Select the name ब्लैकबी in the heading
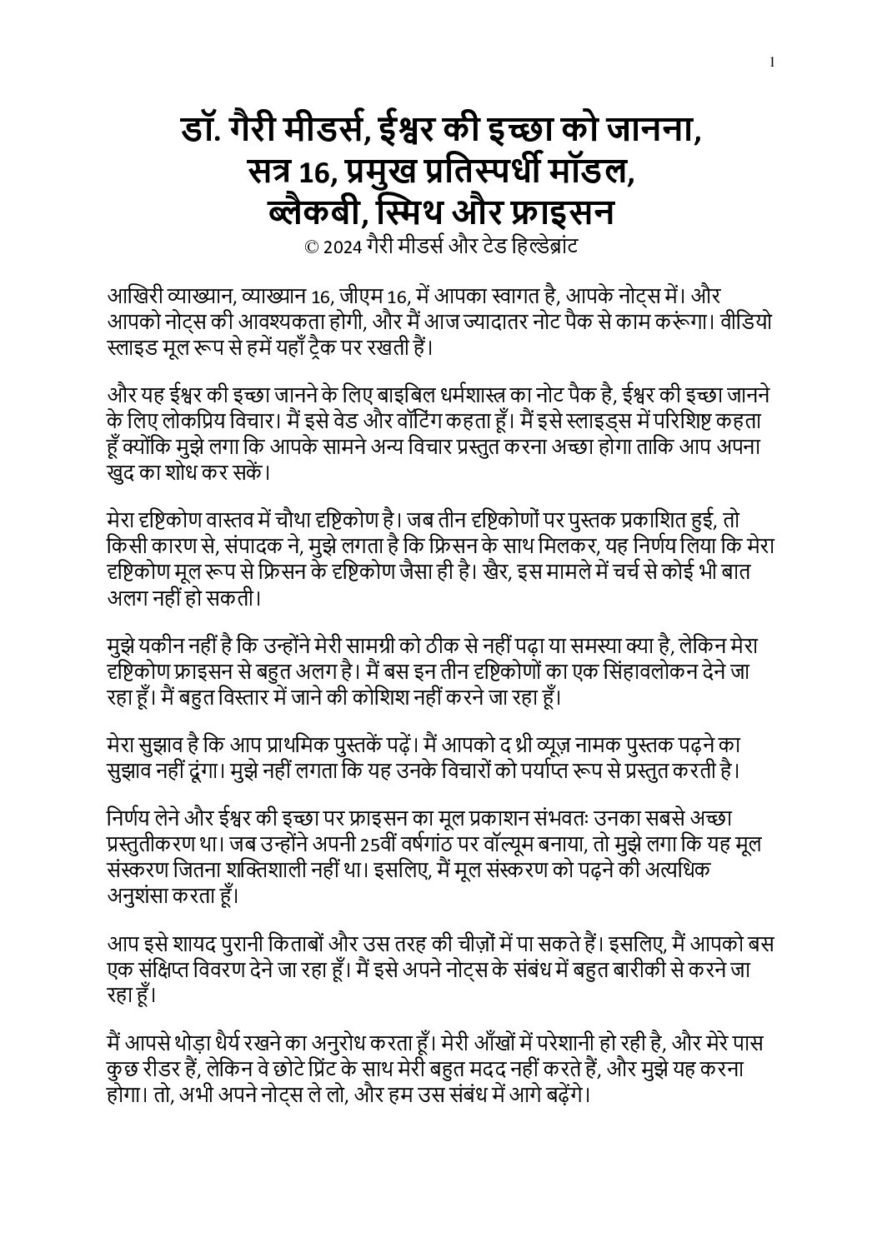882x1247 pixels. point(311,212)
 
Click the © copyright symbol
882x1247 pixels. point(313,247)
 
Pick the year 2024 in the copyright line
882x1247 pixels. point(343,247)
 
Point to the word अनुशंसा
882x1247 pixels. point(145,895)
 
